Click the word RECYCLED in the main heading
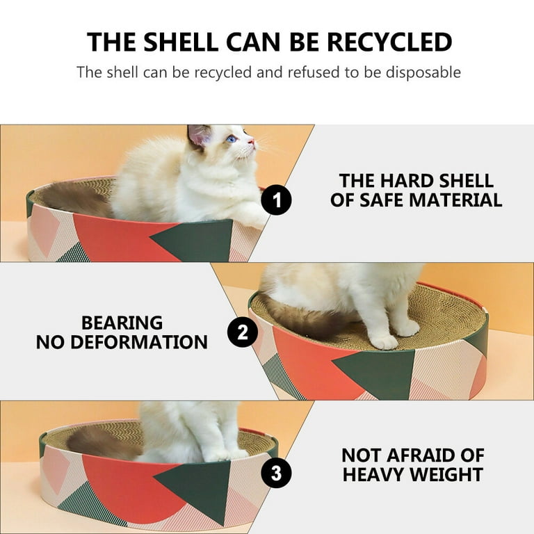click(x=389, y=42)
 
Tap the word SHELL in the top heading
click(x=181, y=42)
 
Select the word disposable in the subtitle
click(x=423, y=72)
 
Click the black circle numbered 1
click(x=276, y=200)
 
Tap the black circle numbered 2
click(x=243, y=332)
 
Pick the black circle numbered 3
click(x=276, y=473)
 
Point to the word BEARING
click(x=122, y=323)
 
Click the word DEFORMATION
click(x=138, y=342)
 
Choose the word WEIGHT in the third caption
click(x=451, y=474)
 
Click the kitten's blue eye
click(x=232, y=138)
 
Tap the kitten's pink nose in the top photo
click(x=252, y=141)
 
